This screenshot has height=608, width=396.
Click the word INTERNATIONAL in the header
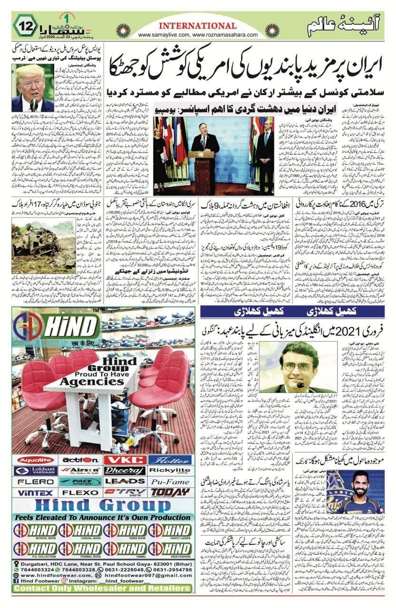[x=197, y=26]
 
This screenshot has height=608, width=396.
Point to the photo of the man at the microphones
[x=33, y=88]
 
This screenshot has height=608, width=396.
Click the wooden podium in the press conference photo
[x=202, y=169]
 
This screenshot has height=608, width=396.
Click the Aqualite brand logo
[x=37, y=460]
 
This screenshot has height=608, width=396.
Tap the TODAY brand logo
[x=170, y=493]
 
